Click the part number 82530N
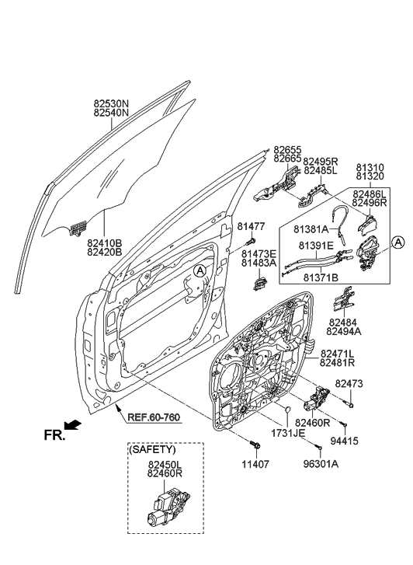[111, 104]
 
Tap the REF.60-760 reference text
[154, 417]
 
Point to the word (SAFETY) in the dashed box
[152, 450]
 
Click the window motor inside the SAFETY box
[168, 505]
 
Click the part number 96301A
[321, 464]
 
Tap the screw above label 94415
[344, 426]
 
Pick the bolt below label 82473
[351, 405]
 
